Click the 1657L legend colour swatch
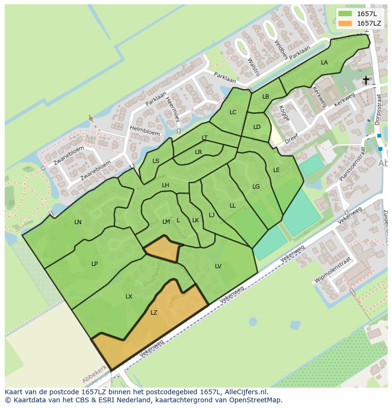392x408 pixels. click(x=346, y=14)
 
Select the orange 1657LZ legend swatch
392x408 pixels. click(x=346, y=23)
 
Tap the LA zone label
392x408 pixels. click(x=324, y=63)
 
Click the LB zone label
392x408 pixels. click(x=266, y=97)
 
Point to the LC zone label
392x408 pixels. click(x=233, y=112)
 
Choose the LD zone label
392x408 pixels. click(x=257, y=127)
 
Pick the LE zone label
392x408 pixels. click(x=276, y=170)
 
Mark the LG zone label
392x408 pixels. click(x=256, y=187)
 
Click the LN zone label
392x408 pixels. click(x=78, y=222)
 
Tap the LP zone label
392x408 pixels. click(x=95, y=264)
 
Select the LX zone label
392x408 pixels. click(x=129, y=297)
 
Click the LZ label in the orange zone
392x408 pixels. click(x=154, y=313)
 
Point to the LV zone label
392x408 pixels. click(x=218, y=266)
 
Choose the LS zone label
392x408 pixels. click(x=156, y=161)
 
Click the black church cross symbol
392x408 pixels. click(x=366, y=80)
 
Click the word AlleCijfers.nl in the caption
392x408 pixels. click(x=247, y=392)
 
